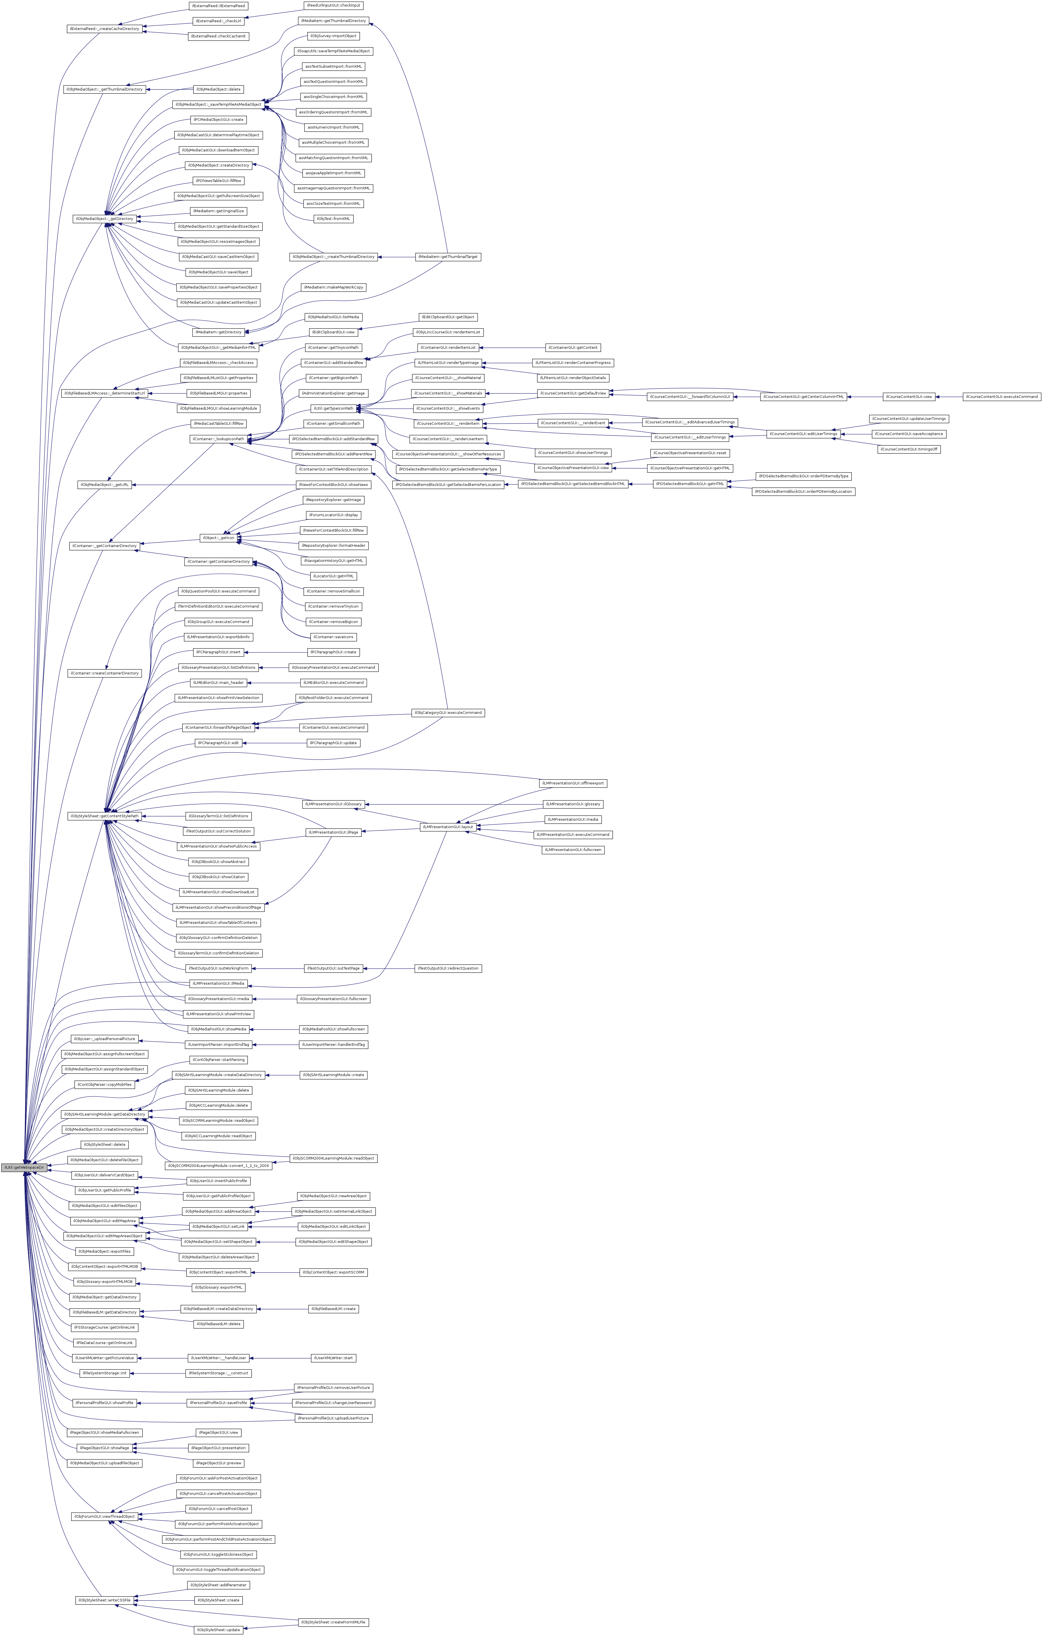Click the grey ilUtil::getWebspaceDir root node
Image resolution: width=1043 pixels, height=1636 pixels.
(x=23, y=1167)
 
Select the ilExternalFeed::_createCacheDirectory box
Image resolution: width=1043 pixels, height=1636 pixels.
(x=104, y=29)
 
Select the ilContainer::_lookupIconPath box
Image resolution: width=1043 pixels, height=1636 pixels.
(x=218, y=439)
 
